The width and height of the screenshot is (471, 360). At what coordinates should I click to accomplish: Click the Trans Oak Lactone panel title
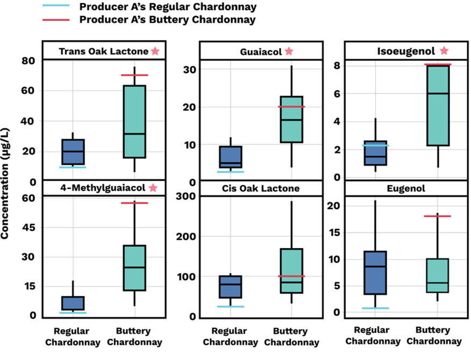pos(103,52)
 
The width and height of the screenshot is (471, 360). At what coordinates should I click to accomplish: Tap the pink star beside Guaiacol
pos(289,52)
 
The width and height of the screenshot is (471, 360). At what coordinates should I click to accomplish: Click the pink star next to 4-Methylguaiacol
pos(153,188)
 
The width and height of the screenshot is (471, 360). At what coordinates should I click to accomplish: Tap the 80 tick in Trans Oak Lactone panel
pos(27,61)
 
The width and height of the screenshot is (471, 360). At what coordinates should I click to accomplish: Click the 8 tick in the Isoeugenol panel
pos(336,65)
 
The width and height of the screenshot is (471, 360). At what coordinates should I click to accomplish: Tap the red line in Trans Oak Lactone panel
pos(134,75)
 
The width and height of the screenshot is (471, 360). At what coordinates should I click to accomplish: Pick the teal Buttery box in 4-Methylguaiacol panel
pos(134,268)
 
